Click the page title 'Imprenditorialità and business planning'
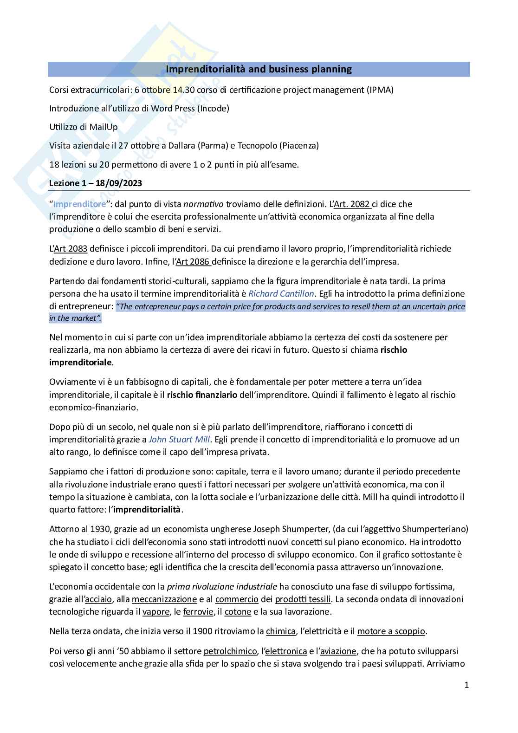pos(259,70)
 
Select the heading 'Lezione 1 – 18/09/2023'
pos(96,183)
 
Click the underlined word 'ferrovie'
pos(198,611)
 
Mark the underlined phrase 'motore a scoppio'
pos(391,631)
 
